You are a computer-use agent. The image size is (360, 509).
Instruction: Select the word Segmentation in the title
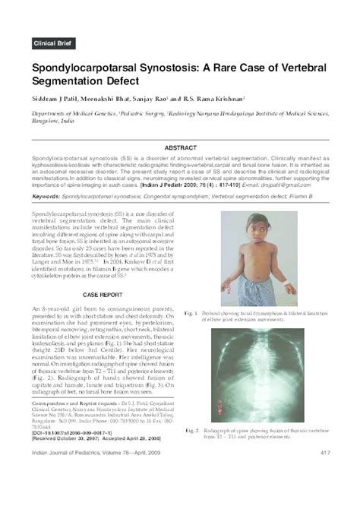pyautogui.click(x=72, y=80)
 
